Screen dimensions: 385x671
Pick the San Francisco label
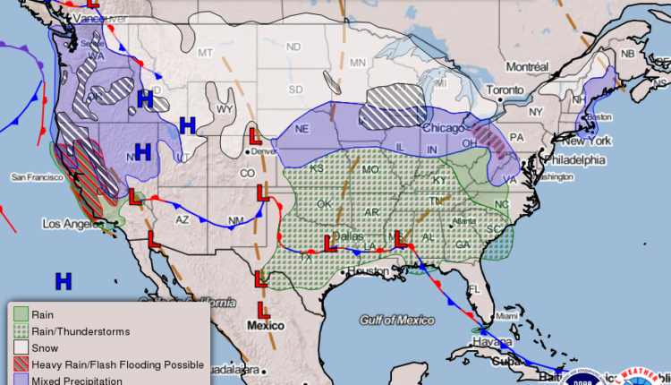coord(35,177)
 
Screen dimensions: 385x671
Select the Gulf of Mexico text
coord(396,320)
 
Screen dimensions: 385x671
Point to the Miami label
coord(507,315)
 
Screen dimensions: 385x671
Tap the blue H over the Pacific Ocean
coord(63,282)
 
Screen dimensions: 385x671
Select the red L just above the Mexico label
coord(263,310)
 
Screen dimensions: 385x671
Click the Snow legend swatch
coord(21,348)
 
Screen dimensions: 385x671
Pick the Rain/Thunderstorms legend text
coord(81,331)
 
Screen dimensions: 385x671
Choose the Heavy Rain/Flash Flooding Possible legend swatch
coord(21,365)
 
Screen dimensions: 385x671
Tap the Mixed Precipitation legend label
coord(78,381)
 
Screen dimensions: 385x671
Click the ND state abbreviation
coord(293,46)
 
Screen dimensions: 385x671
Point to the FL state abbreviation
coord(475,289)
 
